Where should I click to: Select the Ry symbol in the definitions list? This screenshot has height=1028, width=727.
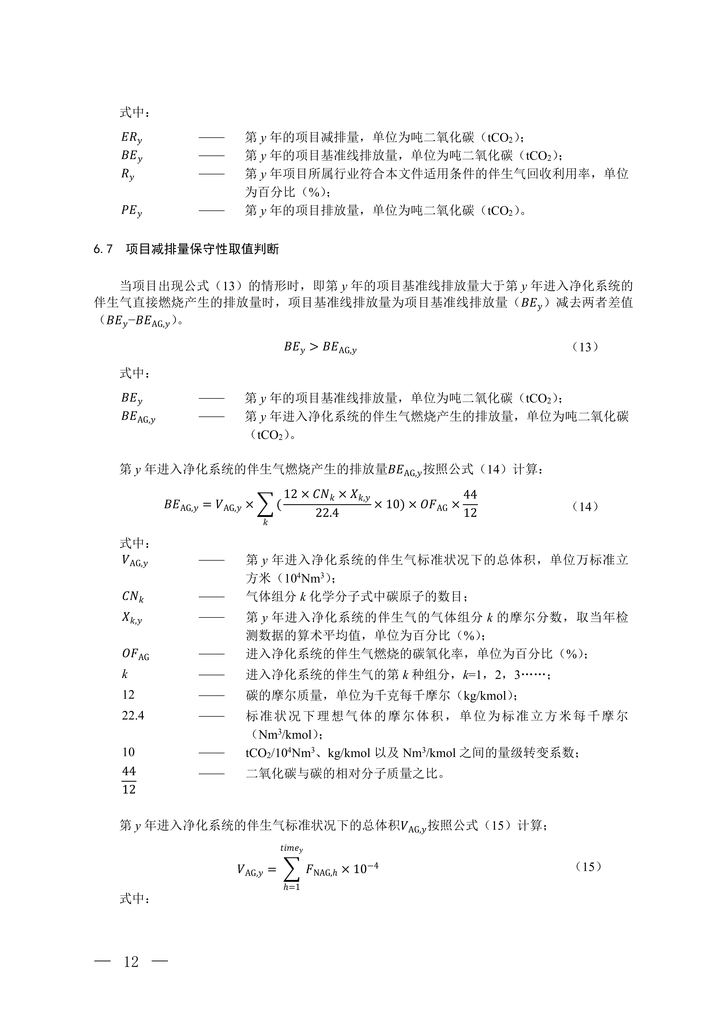(x=128, y=174)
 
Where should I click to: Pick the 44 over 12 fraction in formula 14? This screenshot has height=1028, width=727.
(x=470, y=504)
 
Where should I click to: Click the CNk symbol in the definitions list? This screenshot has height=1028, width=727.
(x=132, y=597)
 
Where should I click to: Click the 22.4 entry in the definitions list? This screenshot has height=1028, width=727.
(x=133, y=716)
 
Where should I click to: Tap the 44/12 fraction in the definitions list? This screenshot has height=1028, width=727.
(x=129, y=780)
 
